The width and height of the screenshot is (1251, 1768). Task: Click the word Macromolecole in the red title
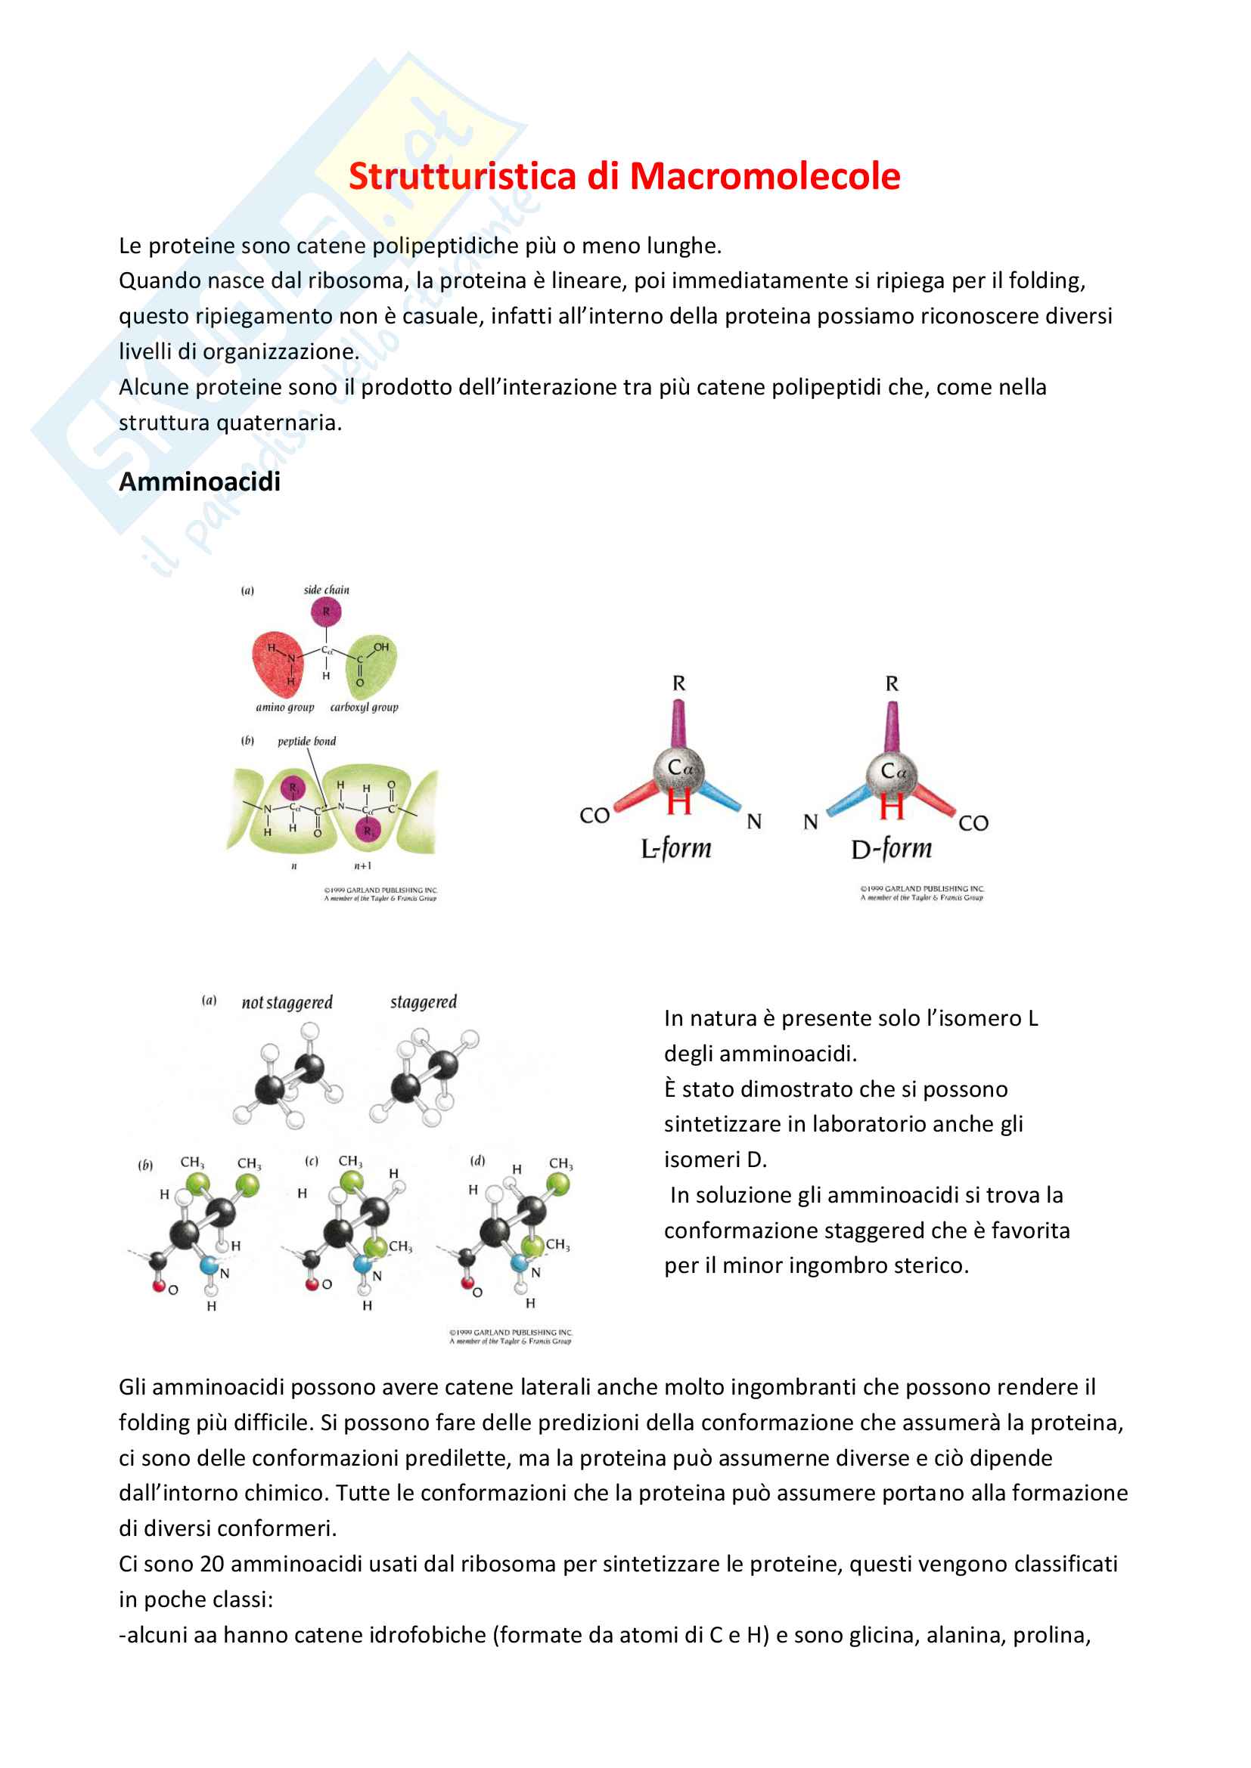(x=764, y=176)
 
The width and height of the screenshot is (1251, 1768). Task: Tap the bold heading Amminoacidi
(x=200, y=482)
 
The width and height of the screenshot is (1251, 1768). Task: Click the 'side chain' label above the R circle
(x=326, y=590)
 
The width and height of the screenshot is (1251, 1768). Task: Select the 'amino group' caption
(x=285, y=707)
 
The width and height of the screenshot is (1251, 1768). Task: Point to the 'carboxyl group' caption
(x=365, y=707)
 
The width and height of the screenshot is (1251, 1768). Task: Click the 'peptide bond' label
(x=306, y=742)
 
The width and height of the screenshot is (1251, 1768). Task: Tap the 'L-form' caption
(x=675, y=849)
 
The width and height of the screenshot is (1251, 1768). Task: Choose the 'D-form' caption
(x=891, y=849)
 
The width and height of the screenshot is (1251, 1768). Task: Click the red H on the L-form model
(x=678, y=803)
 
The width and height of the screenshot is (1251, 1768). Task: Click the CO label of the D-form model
(x=973, y=823)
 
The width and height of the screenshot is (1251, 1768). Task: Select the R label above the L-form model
(x=678, y=684)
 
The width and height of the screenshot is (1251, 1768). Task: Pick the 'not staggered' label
(x=287, y=1002)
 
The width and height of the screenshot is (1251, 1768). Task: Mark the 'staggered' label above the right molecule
(x=423, y=1002)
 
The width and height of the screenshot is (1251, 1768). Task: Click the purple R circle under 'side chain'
(x=326, y=612)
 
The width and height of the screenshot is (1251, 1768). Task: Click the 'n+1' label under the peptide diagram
(x=362, y=866)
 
